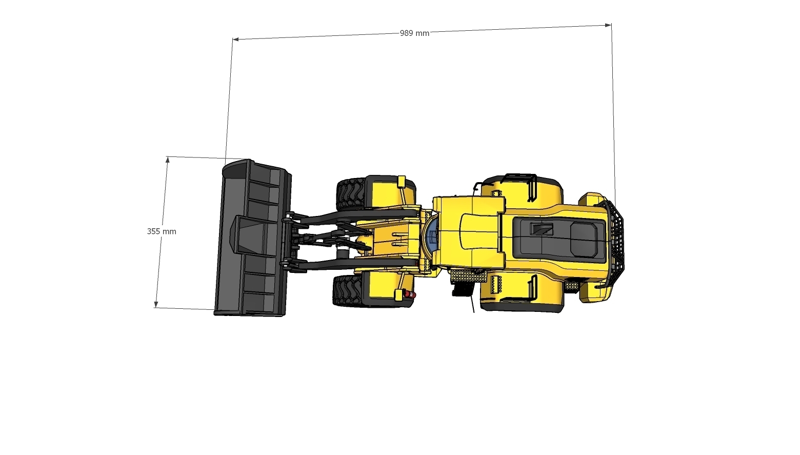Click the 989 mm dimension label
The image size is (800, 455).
(414, 33)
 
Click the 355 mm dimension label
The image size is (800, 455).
(162, 231)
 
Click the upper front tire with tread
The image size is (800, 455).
(351, 194)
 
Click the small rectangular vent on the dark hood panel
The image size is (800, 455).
(541, 229)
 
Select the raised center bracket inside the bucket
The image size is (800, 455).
(249, 234)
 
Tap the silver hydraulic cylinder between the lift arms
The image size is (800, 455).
(342, 253)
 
